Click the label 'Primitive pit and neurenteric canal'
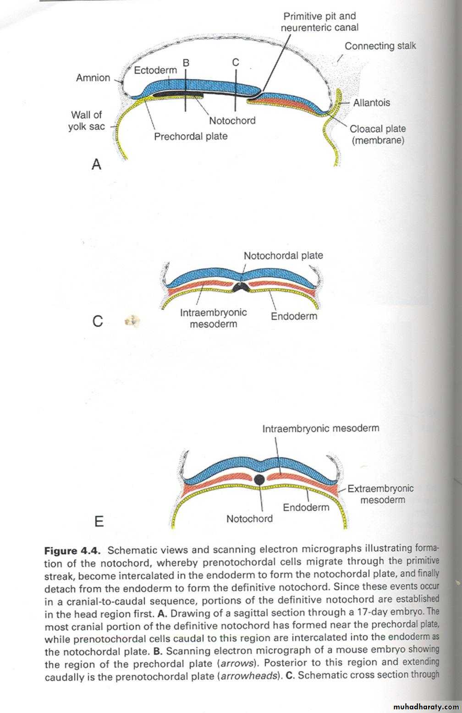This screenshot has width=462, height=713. tap(319, 22)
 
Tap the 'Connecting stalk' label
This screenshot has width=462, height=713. tap(380, 46)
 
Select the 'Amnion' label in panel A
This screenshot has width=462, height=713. tap(93, 77)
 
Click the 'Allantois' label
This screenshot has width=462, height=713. tap(371, 103)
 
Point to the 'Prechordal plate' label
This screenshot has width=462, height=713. tap(191, 137)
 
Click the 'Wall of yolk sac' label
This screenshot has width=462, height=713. tap(86, 121)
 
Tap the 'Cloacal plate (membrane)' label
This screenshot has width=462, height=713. tap(378, 134)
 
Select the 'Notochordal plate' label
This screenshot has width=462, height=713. tap(283, 255)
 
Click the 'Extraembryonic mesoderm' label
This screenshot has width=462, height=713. tap(381, 494)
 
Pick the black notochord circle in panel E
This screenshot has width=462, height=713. tap(259, 480)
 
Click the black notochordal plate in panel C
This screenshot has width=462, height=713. tap(240, 287)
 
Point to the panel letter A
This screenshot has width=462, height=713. tap(96, 164)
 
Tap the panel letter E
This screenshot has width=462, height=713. tap(99, 521)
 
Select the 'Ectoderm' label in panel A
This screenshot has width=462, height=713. tap(155, 70)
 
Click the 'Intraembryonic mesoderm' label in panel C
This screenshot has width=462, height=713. tap(213, 318)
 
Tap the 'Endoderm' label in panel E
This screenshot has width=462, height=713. tap(306, 507)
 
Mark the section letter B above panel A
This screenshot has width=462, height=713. tap(186, 62)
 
